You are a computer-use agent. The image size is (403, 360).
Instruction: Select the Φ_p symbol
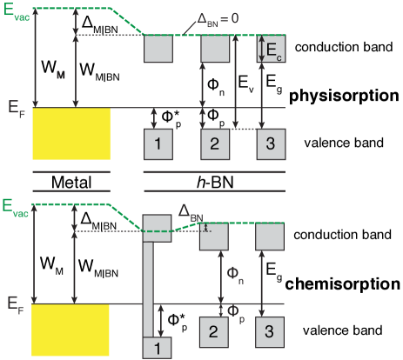[x=233, y=309]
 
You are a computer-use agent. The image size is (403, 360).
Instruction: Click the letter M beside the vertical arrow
[x=61, y=76]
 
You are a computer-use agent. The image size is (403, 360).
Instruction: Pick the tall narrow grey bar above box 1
[x=148, y=287]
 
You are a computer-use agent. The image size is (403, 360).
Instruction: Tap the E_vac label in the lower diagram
[x=16, y=207]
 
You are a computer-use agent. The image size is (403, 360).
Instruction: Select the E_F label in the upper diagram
[x=17, y=108]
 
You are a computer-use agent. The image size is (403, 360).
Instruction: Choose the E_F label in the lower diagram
[x=17, y=304]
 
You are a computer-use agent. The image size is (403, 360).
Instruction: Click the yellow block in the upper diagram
[x=71, y=134]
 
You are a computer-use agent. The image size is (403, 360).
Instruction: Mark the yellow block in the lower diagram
[x=71, y=330]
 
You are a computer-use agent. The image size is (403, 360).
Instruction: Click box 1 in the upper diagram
[x=158, y=143]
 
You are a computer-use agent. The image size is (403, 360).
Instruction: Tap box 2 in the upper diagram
[x=214, y=143]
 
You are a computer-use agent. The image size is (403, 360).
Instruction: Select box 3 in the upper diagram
[x=271, y=143]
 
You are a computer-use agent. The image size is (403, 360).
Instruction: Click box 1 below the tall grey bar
[x=158, y=348]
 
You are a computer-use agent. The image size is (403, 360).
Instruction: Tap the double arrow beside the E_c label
[x=263, y=49]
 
